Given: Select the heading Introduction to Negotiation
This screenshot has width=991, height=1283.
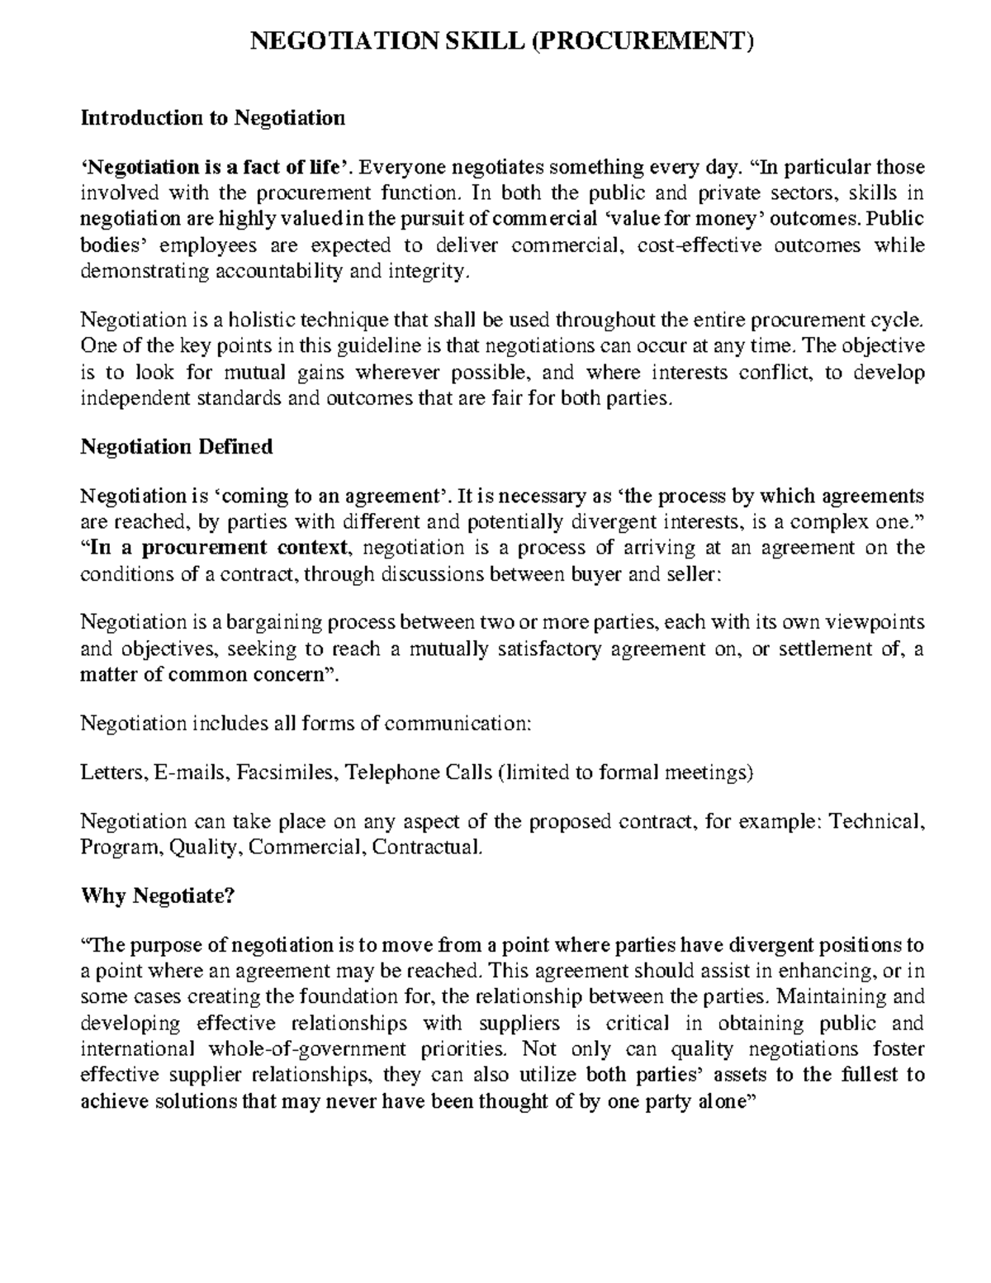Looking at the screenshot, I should click(212, 118).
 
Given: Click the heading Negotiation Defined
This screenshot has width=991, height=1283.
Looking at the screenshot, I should click(176, 447).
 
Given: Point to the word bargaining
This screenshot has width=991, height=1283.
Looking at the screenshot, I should click(278, 621).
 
